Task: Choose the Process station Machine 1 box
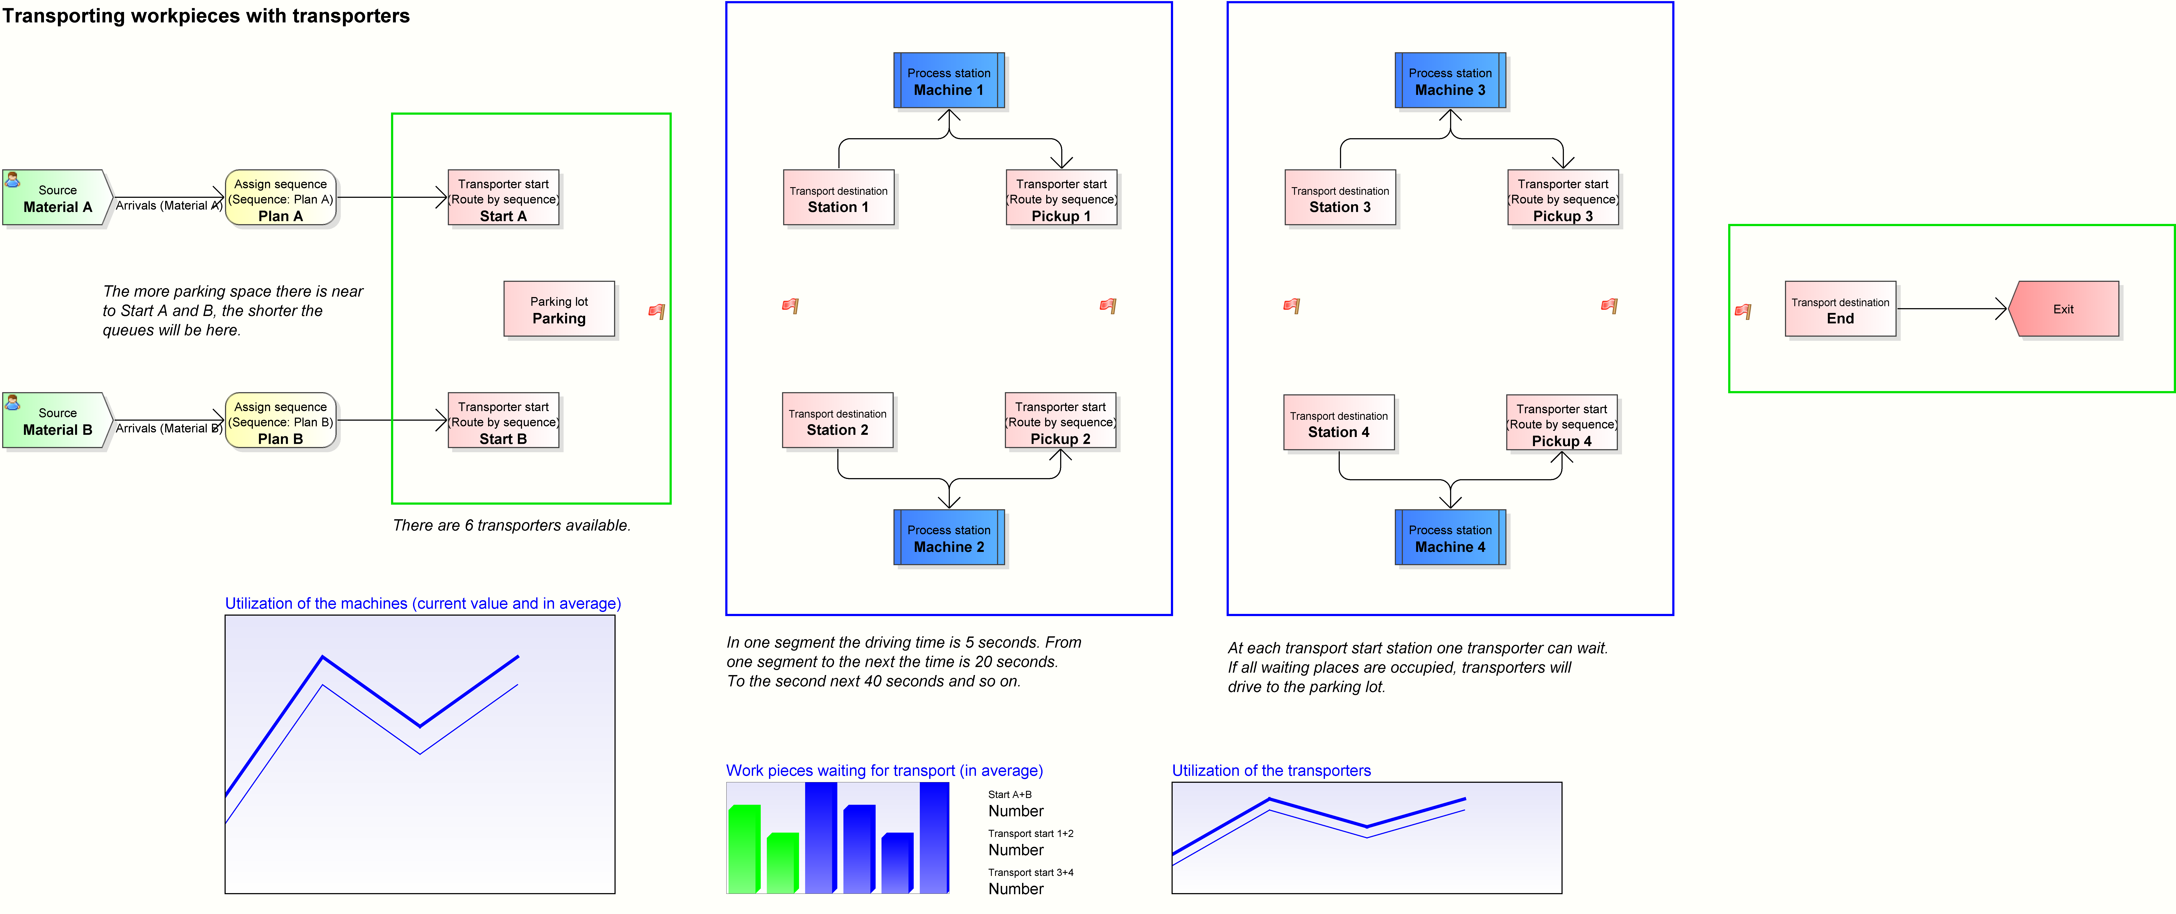[x=949, y=81]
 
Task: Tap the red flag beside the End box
[x=1743, y=311]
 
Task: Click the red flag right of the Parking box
[x=656, y=311]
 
